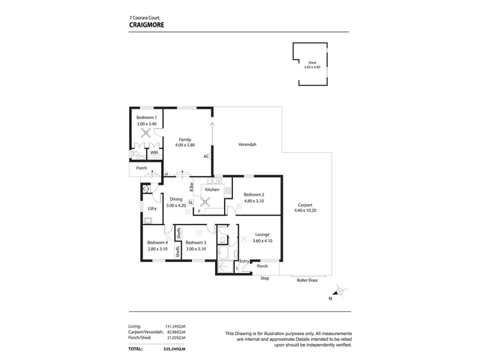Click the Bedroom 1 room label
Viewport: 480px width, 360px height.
(x=147, y=118)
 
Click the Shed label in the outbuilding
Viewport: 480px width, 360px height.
(x=312, y=62)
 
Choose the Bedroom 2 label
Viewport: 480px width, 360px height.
(x=253, y=194)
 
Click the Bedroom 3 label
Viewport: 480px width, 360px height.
(x=196, y=242)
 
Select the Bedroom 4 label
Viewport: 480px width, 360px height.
(x=157, y=242)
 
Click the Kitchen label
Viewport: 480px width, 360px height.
(x=212, y=189)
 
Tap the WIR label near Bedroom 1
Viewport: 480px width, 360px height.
(x=154, y=153)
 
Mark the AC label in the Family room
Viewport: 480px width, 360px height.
(x=206, y=156)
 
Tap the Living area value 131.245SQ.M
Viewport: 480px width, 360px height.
(x=175, y=325)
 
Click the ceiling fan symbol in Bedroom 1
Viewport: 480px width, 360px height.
(x=147, y=134)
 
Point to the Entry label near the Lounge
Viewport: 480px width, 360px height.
(x=244, y=261)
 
